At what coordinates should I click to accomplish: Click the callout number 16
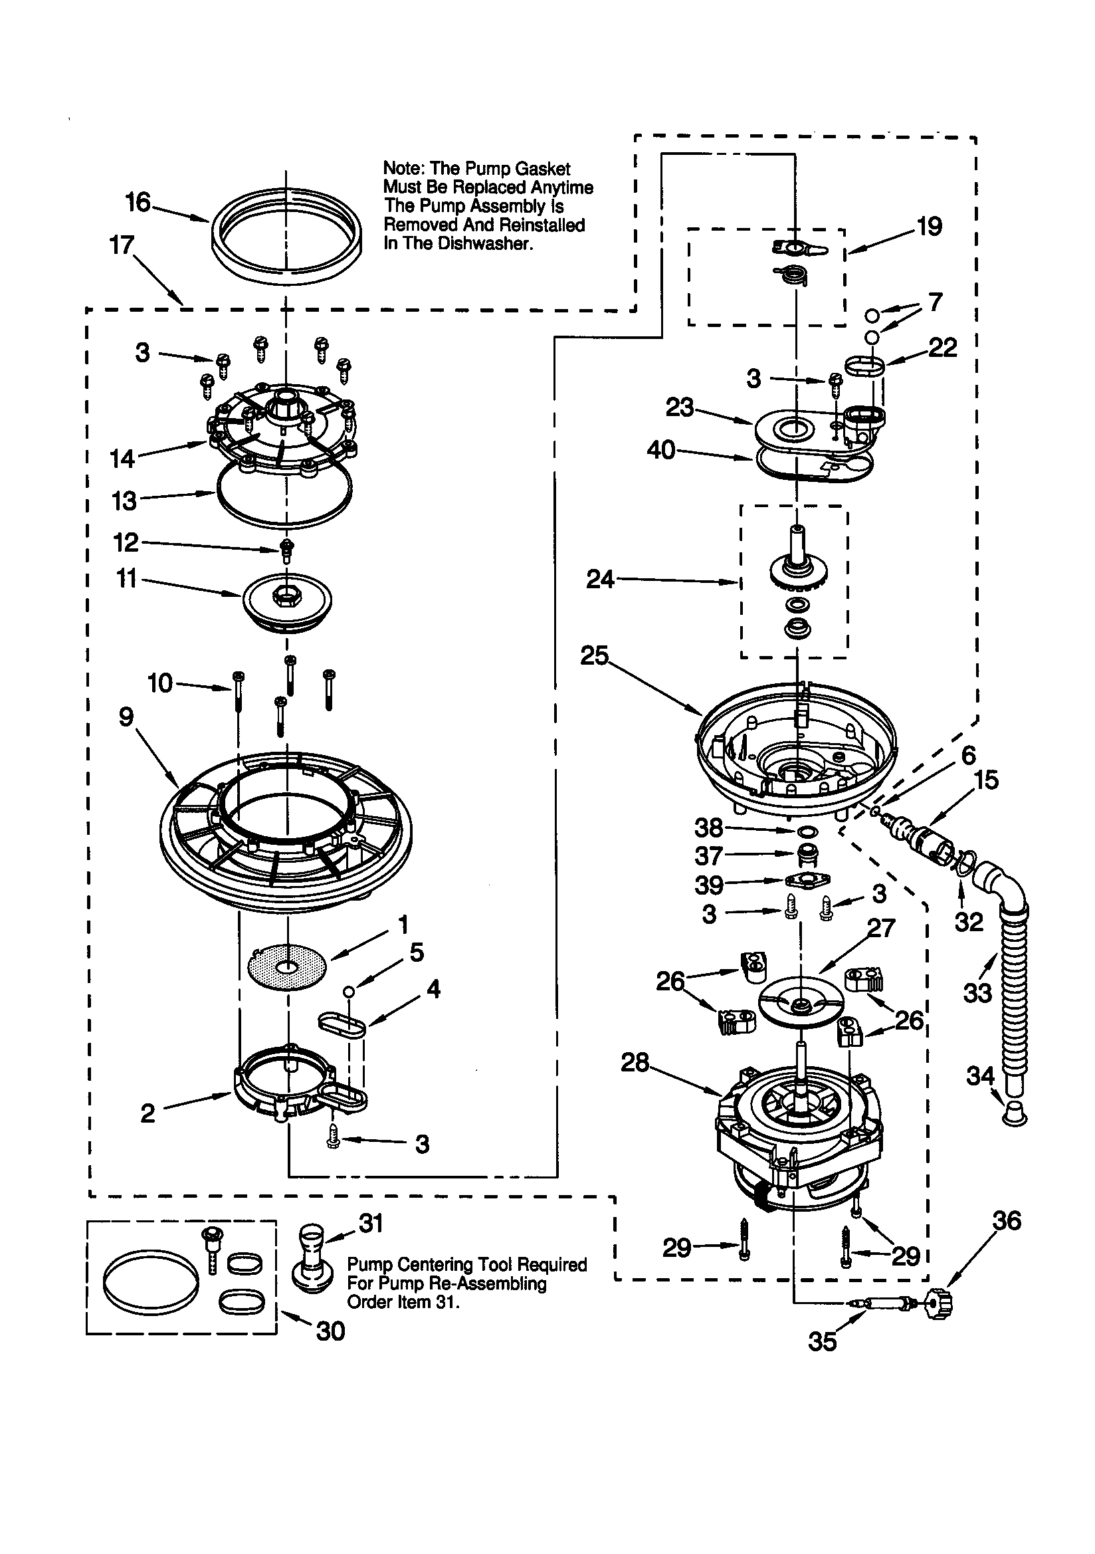click(x=138, y=201)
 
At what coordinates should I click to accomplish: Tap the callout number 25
click(x=594, y=655)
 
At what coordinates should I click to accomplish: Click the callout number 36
click(x=1007, y=1220)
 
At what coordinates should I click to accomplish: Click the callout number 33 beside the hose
click(x=977, y=993)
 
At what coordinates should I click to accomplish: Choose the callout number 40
click(x=661, y=449)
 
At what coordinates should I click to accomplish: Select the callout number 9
click(x=126, y=717)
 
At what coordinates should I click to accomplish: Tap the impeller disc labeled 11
click(x=287, y=602)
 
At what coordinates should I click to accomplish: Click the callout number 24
click(x=599, y=580)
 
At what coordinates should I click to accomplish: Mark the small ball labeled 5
click(x=349, y=991)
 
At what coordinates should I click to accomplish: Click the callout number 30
click(x=330, y=1331)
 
